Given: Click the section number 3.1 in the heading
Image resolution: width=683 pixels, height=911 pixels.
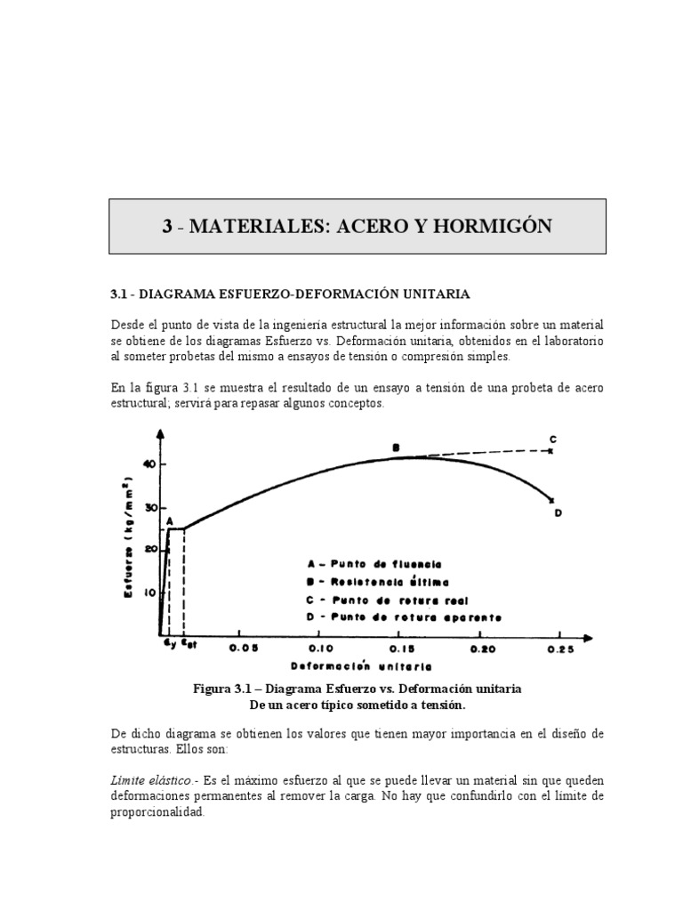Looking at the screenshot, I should (120, 294).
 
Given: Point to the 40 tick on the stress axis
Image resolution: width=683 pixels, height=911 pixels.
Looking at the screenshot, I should (149, 464).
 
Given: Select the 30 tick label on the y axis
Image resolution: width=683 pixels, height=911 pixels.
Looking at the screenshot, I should (149, 507).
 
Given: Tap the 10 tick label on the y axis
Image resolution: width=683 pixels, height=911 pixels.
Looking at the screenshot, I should (149, 593).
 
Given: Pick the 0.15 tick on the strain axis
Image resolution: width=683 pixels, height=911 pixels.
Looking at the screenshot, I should (401, 649).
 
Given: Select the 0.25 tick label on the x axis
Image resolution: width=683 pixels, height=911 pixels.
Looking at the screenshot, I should (560, 649).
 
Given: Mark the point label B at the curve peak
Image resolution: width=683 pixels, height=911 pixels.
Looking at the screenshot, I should (397, 447).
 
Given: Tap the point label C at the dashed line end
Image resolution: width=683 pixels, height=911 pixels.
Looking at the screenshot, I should (553, 439).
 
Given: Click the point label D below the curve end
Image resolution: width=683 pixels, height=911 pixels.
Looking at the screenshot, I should (558, 512).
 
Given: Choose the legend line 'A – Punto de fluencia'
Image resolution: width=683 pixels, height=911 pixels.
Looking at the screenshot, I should (373, 564).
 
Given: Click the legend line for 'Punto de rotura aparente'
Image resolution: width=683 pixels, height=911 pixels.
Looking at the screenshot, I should (404, 617).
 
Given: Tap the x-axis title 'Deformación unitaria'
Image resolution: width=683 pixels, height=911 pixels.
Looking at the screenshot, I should (361, 665).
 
